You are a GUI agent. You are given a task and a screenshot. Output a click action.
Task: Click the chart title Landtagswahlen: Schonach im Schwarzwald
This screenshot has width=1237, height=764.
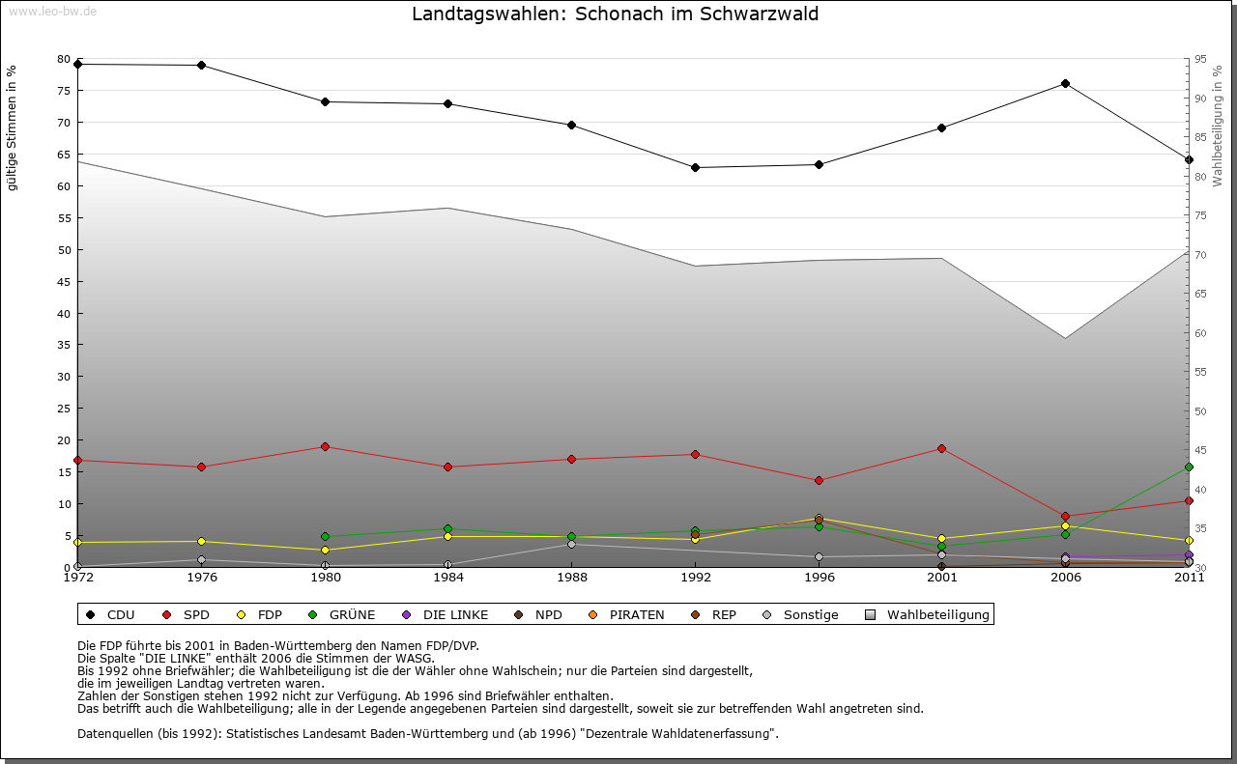click(x=615, y=14)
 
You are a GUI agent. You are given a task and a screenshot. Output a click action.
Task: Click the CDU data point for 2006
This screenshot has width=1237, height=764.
click(x=1065, y=84)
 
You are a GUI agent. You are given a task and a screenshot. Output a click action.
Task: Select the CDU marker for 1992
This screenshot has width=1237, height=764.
click(x=695, y=168)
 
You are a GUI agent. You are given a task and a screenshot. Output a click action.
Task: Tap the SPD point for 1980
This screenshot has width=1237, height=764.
click(x=325, y=447)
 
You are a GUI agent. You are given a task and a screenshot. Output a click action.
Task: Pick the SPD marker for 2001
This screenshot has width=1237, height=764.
click(x=941, y=449)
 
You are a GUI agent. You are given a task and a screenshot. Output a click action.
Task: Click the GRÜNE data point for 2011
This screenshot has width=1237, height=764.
click(x=1189, y=467)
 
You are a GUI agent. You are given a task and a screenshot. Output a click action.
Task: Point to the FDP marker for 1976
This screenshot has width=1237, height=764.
click(x=201, y=542)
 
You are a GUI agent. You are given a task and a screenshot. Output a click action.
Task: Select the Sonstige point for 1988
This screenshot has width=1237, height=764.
click(x=571, y=545)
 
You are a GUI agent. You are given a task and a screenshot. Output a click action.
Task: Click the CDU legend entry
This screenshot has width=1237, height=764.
click(x=110, y=615)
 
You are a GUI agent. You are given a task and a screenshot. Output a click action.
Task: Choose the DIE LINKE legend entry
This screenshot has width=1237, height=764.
click(x=445, y=615)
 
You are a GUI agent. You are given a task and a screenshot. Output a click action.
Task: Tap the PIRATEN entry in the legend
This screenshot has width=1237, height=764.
click(x=626, y=615)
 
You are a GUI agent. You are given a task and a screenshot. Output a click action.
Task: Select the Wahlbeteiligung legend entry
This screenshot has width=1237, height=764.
click(x=928, y=615)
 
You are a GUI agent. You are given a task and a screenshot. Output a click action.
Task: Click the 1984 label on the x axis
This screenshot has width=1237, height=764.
click(x=448, y=579)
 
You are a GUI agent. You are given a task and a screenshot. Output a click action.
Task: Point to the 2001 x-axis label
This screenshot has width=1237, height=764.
click(x=942, y=579)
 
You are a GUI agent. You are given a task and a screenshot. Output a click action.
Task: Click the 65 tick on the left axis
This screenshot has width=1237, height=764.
click(x=64, y=155)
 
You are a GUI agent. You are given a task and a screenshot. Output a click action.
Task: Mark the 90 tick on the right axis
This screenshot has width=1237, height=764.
click(x=1199, y=99)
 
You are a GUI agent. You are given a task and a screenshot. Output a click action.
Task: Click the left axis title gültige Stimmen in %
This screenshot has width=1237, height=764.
click(x=12, y=127)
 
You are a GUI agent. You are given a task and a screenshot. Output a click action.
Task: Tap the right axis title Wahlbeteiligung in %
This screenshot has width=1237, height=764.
click(x=1218, y=126)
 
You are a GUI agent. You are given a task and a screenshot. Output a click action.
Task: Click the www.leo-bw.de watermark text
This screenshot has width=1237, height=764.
click(x=52, y=12)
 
